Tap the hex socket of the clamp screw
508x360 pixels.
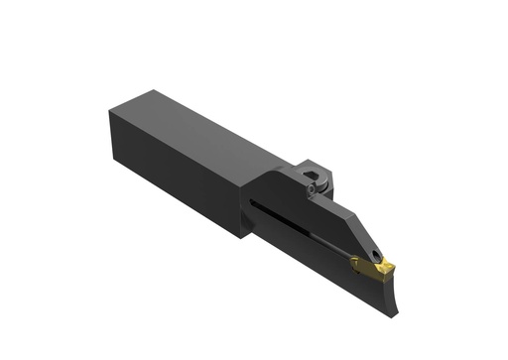click(314, 182)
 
